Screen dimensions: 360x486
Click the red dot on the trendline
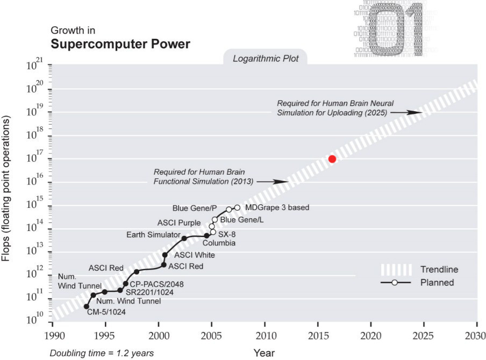pyautogui.click(x=332, y=159)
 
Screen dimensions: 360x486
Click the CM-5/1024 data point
pyautogui.click(x=87, y=306)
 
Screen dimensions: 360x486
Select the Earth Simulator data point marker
pyautogui.click(x=184, y=238)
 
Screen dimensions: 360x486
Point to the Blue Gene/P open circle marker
pyautogui.click(x=229, y=210)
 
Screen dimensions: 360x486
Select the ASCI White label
pyautogui.click(x=187, y=256)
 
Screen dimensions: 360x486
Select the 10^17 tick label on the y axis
pyautogui.click(x=34, y=159)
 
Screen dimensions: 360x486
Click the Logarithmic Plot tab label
pyautogui.click(x=266, y=58)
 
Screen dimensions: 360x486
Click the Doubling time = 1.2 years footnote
pyautogui.click(x=102, y=353)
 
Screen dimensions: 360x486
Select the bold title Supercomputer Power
pyautogui.click(x=120, y=44)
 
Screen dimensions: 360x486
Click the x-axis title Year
pyautogui.click(x=264, y=352)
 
